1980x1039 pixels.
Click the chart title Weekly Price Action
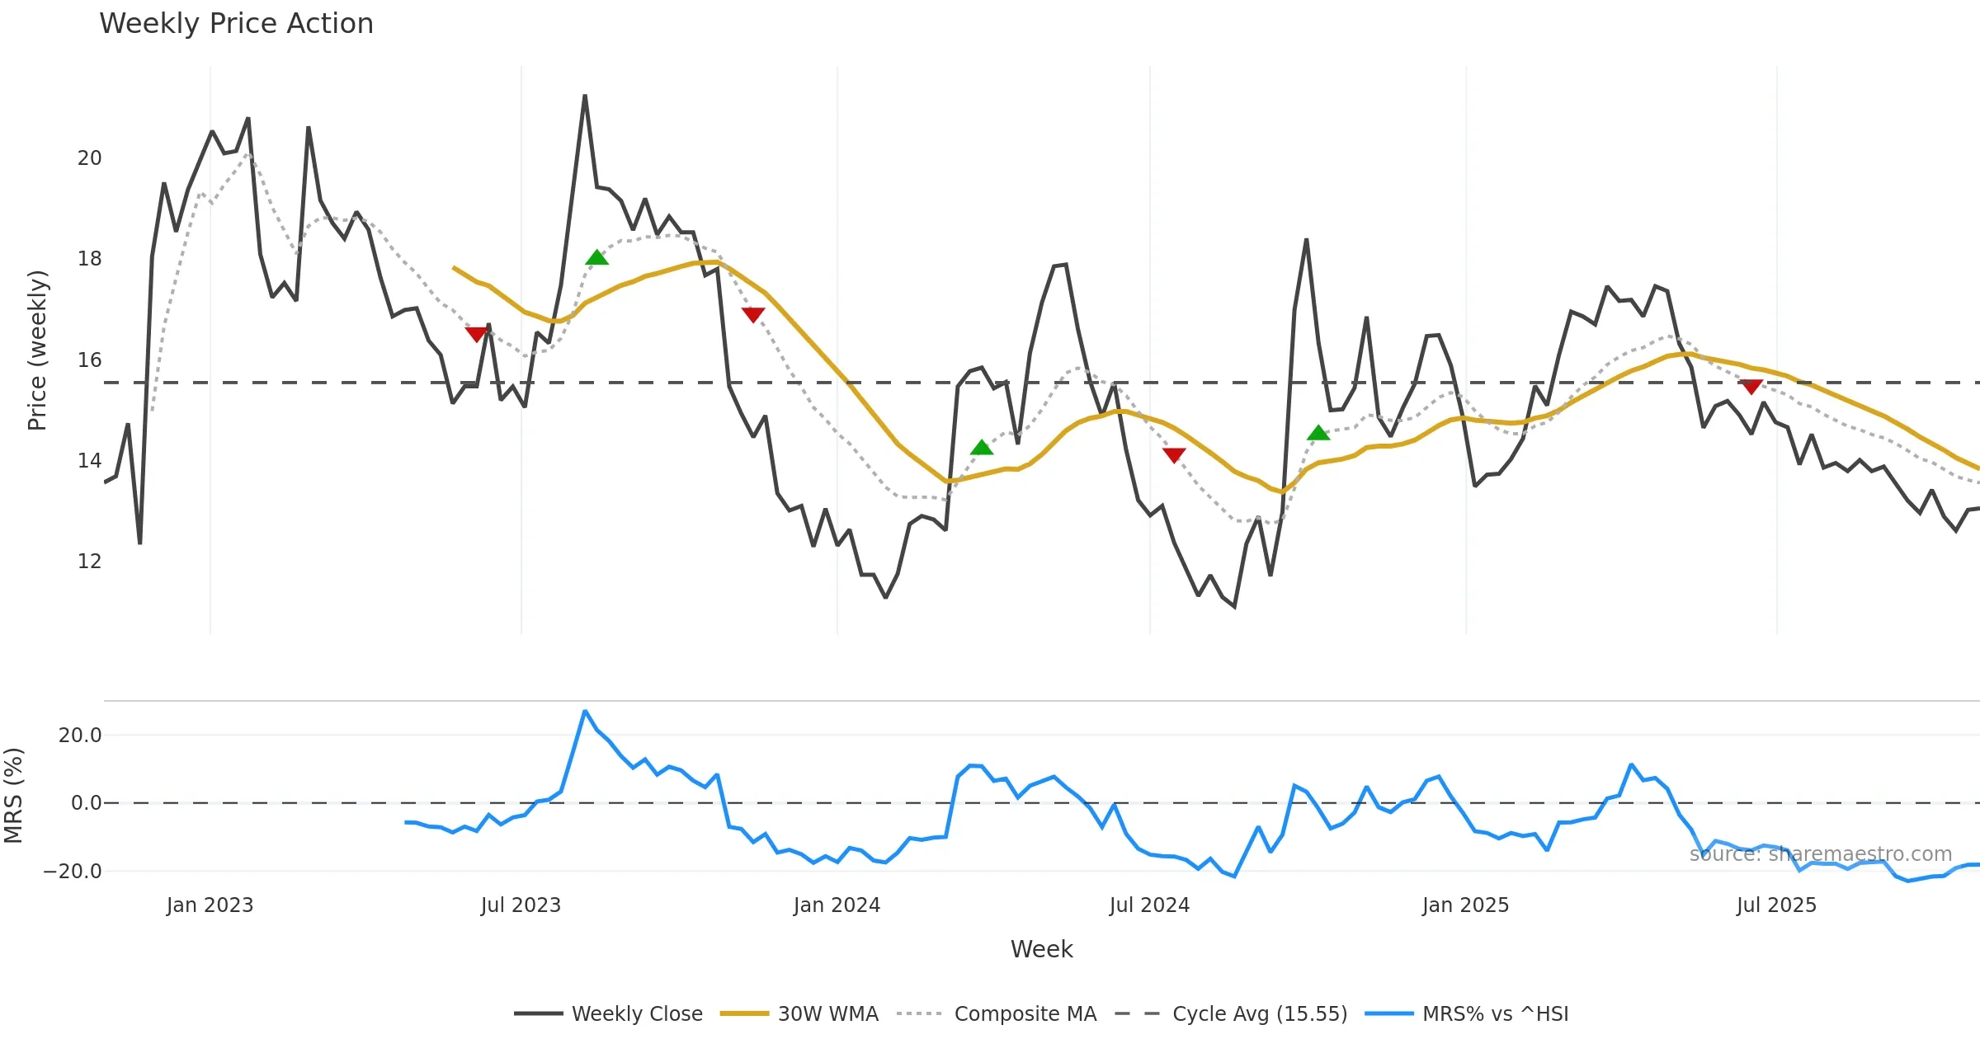point(236,24)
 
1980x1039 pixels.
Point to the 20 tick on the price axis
point(89,158)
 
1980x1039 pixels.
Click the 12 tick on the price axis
point(89,562)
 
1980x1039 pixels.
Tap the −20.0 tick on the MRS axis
point(73,872)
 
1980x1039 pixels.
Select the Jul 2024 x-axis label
point(1149,905)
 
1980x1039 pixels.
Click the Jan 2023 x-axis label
point(210,905)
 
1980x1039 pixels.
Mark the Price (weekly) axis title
point(38,350)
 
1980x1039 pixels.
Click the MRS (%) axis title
point(14,796)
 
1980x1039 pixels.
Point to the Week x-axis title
point(1041,950)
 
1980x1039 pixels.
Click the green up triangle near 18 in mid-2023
point(596,258)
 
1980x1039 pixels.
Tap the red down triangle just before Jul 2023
point(477,334)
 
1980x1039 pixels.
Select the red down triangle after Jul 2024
point(1174,454)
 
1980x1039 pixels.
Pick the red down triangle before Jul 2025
point(1751,386)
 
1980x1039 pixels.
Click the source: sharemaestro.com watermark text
point(1820,854)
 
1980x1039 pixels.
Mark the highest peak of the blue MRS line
point(585,711)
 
